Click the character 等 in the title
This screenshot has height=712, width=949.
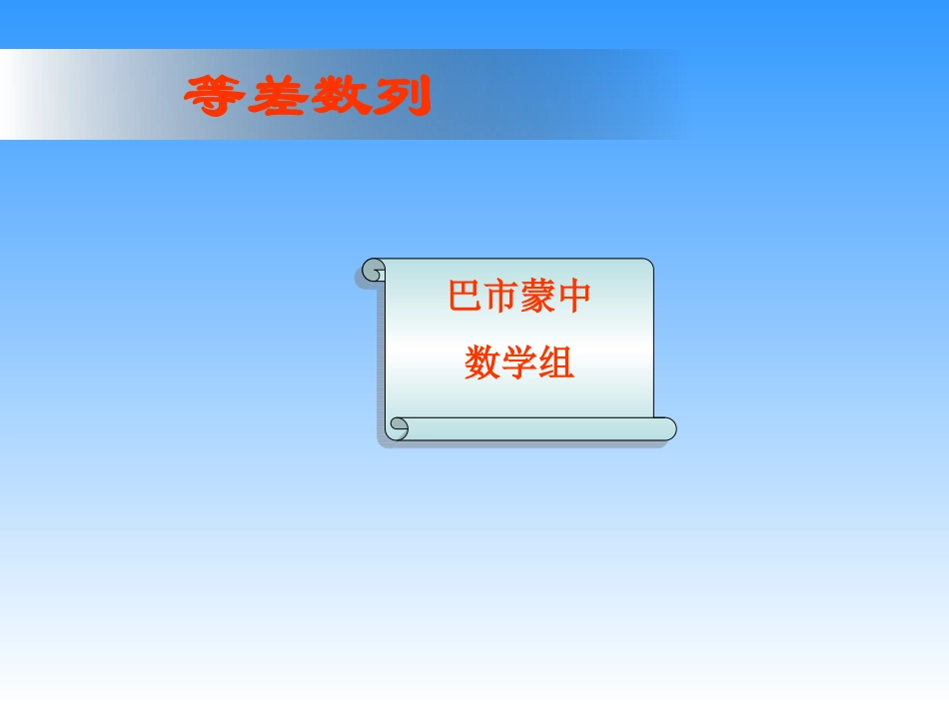pos(215,97)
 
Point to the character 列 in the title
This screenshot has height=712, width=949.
pos(401,97)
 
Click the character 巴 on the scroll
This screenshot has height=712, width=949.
pos(465,298)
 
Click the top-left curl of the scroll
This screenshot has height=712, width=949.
pos(374,270)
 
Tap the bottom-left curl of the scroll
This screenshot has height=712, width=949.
pos(399,428)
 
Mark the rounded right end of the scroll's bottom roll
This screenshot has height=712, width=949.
pos(667,428)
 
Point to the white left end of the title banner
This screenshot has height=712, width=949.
pos(25,95)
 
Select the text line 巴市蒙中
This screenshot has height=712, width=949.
pos(519,298)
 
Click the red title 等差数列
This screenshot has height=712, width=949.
pos(308,97)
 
